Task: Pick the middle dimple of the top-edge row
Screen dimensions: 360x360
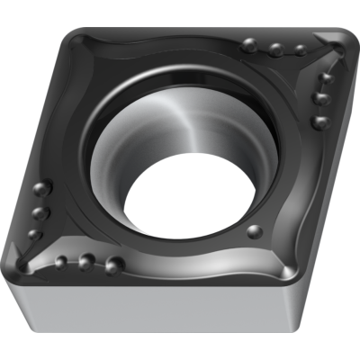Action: click(x=274, y=48)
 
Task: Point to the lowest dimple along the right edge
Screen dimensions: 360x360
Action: click(x=317, y=121)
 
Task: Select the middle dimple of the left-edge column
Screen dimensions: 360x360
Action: click(x=40, y=212)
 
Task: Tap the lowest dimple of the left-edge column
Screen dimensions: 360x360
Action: click(x=33, y=235)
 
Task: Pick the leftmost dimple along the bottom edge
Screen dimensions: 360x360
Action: click(x=60, y=262)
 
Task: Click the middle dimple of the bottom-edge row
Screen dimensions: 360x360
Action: click(x=86, y=261)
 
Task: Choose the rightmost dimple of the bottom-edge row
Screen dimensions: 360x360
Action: click(x=114, y=265)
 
